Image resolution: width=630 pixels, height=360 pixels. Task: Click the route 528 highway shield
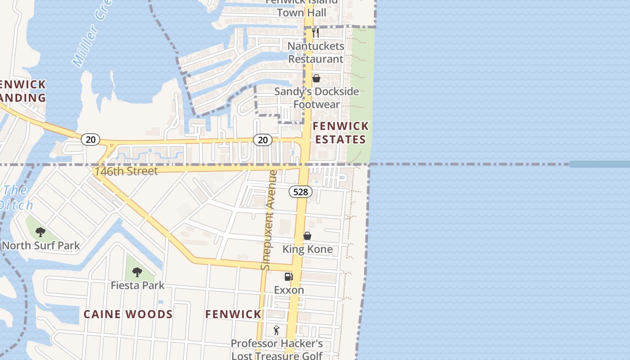click(x=300, y=192)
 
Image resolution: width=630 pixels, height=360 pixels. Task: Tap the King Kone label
click(x=307, y=249)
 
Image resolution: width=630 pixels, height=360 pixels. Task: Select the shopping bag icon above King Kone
click(x=307, y=236)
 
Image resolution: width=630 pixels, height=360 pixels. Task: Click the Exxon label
click(x=289, y=290)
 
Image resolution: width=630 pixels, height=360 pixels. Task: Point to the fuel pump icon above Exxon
click(x=288, y=276)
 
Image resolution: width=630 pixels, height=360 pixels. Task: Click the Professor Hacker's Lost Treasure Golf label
click(x=277, y=350)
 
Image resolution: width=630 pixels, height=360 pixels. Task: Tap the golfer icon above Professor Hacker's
click(x=276, y=330)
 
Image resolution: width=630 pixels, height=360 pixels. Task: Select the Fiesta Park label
click(x=138, y=285)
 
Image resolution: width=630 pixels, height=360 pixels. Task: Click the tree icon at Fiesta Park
click(x=137, y=272)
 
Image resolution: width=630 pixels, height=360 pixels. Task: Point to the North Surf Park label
click(x=41, y=245)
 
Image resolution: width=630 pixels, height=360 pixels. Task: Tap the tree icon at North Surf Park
click(x=40, y=232)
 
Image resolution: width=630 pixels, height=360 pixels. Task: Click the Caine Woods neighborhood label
click(x=128, y=314)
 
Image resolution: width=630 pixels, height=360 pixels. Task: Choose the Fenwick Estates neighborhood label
click(x=341, y=133)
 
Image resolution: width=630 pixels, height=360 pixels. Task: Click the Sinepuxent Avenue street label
click(x=268, y=220)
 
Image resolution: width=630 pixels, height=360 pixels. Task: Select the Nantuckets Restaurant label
click(x=316, y=52)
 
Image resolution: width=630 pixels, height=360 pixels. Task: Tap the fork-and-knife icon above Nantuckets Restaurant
click(x=315, y=32)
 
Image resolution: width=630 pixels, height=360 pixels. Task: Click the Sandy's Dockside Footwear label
click(x=317, y=98)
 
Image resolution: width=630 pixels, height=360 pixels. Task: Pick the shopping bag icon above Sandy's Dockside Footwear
click(x=316, y=78)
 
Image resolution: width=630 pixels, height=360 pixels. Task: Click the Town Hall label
click(x=301, y=12)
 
